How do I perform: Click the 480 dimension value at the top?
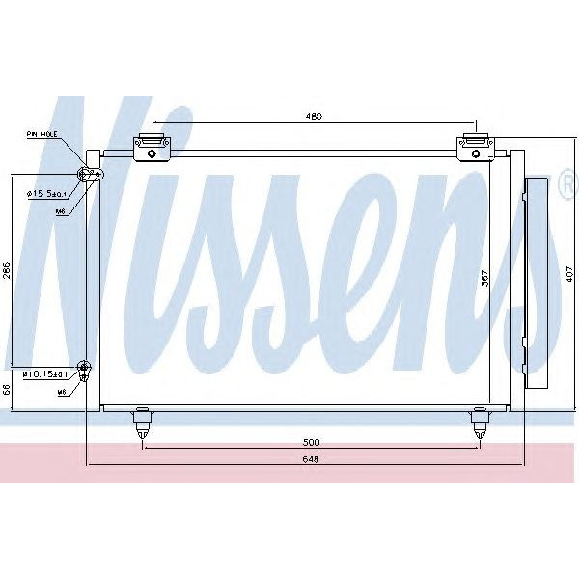(313, 117)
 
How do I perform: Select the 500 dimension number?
(312, 442)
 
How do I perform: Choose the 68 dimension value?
(7, 390)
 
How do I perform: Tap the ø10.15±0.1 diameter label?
(46, 373)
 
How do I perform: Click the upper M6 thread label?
(60, 210)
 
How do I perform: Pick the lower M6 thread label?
(60, 393)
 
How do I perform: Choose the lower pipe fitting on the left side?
(84, 368)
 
